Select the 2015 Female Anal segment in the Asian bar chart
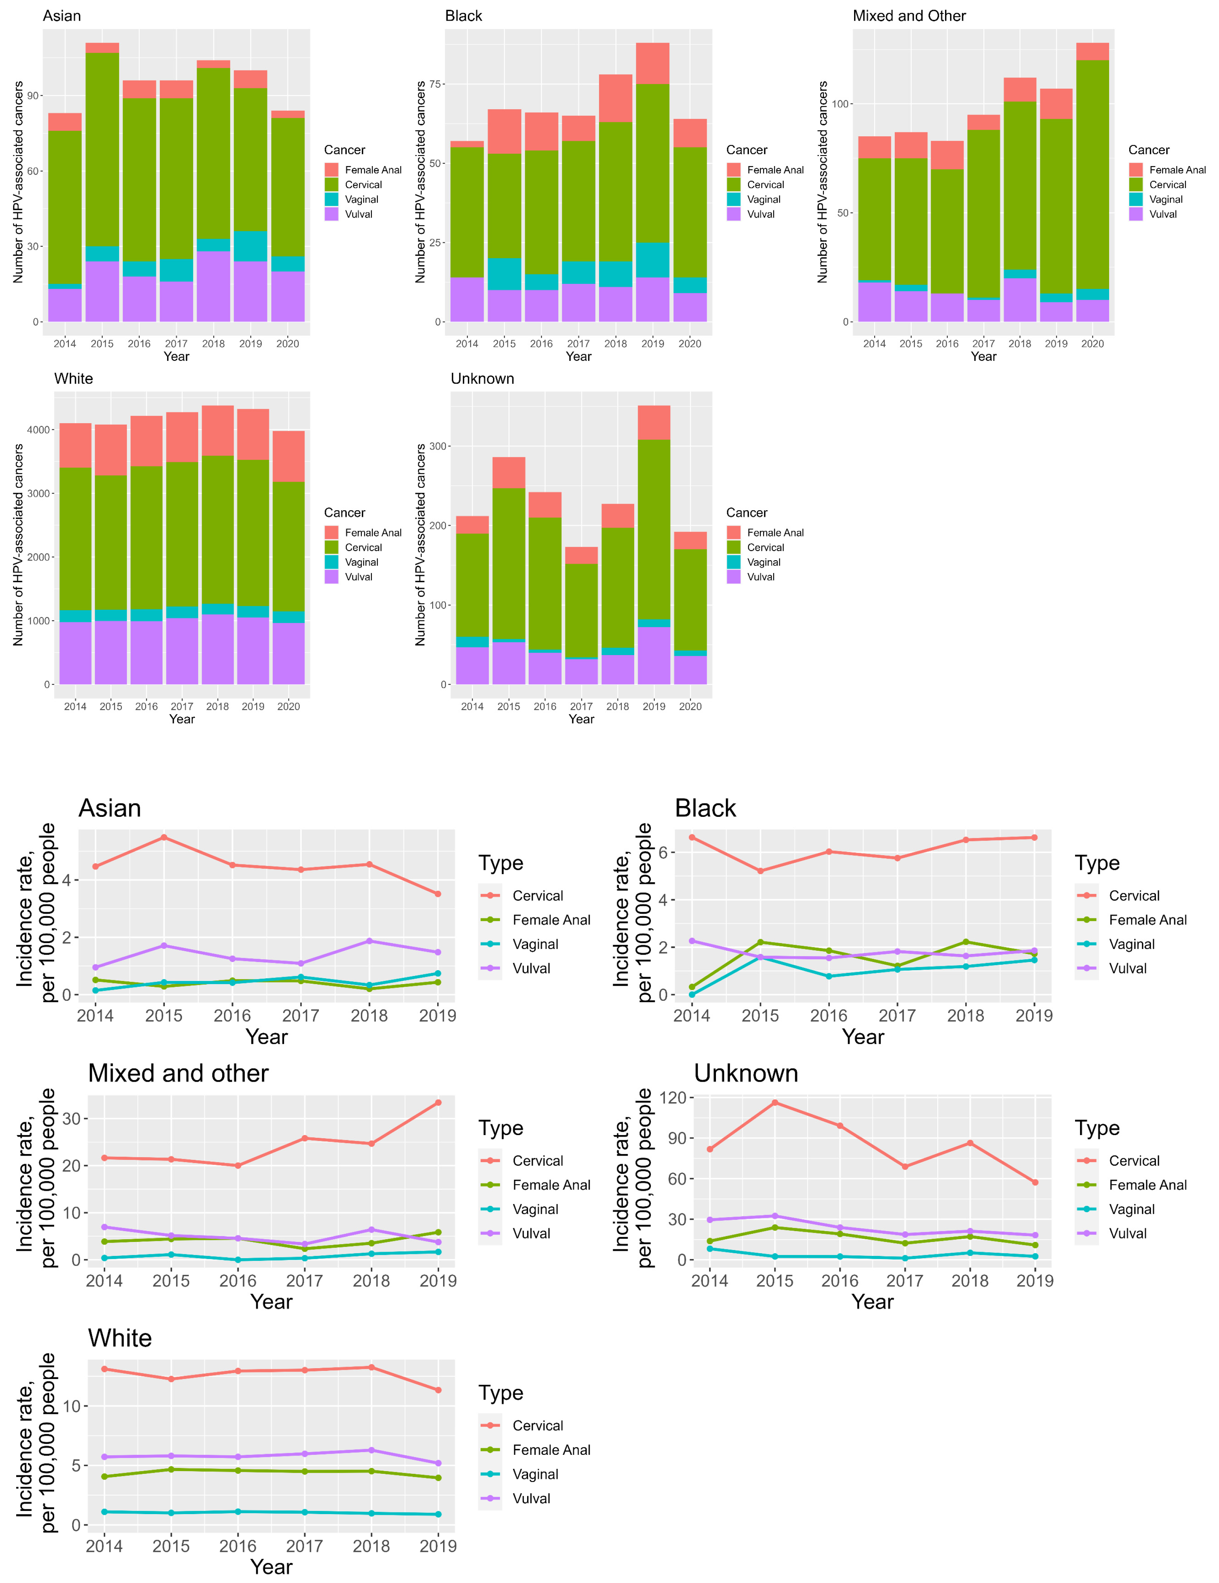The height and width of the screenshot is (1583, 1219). (x=102, y=48)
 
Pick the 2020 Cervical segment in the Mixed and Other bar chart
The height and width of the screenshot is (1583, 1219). (x=1092, y=174)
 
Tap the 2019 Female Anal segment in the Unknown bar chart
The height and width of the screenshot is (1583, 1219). (x=654, y=423)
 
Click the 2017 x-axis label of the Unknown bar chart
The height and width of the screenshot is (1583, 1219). (x=581, y=706)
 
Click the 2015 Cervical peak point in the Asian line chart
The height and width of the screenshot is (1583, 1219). (x=164, y=837)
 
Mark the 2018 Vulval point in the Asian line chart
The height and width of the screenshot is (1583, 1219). (x=370, y=941)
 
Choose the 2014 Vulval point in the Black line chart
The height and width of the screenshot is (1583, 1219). (x=692, y=941)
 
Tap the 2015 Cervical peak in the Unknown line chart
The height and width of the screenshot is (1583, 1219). (x=775, y=1103)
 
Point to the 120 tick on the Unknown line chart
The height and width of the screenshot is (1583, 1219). (x=673, y=1098)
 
